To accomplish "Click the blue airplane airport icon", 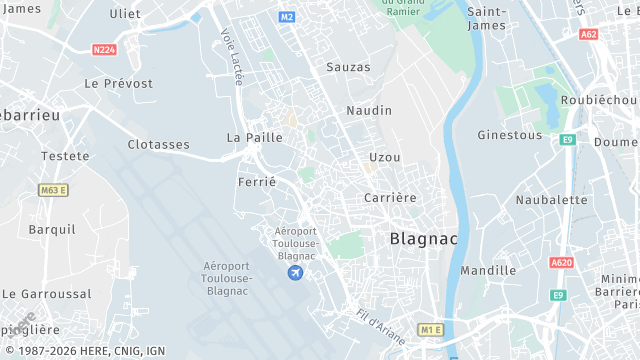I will (x=295, y=273).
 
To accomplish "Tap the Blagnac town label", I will (x=422, y=239).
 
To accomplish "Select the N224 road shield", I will (x=104, y=49).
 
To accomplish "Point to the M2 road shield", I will (x=287, y=17).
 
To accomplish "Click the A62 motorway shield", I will (x=589, y=34).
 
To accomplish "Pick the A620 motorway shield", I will (x=561, y=263).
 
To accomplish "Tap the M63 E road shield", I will (x=53, y=190).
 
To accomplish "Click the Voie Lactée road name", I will (x=231, y=56).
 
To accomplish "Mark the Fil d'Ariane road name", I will (x=381, y=323).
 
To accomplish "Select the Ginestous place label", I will (x=509, y=135).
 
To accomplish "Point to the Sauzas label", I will (x=348, y=67).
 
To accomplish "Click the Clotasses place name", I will (x=158, y=145).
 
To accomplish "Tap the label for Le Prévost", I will (x=118, y=83).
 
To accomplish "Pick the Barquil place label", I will (x=52, y=229).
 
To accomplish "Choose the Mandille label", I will (x=488, y=271).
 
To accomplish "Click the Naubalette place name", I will (x=551, y=200).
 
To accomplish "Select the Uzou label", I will (x=384, y=157).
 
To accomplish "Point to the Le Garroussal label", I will (x=46, y=294).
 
